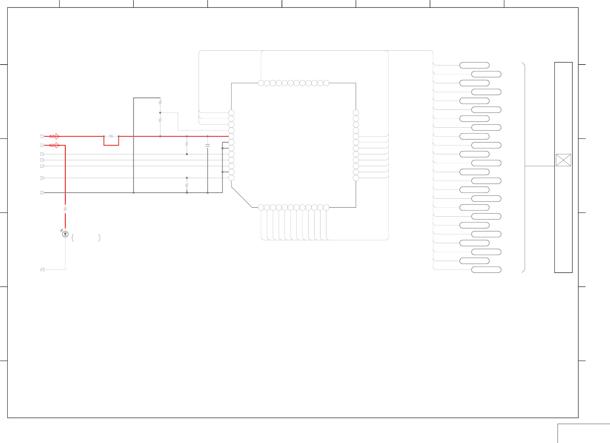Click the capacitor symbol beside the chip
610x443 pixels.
[208, 145]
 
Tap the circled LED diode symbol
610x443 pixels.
[65, 234]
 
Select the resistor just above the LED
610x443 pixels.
[65, 209]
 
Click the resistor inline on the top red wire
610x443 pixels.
[111, 136]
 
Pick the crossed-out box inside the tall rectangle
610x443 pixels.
[563, 160]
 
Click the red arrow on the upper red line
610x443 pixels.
[54, 136]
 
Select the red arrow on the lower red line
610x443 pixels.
[54, 145]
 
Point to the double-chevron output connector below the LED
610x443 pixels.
[42, 270]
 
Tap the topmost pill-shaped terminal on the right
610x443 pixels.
[474, 65]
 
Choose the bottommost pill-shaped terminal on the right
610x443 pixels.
[486, 270]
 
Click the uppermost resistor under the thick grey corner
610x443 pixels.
[160, 102]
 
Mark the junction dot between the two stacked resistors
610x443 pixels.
[160, 113]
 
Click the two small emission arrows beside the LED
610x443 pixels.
[61, 230]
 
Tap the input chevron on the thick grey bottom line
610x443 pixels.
[42, 193]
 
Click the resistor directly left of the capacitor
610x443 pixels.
[187, 144]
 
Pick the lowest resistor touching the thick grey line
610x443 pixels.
[187, 185]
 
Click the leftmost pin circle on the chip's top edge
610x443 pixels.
[261, 83]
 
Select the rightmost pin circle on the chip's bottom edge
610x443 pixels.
[326, 207]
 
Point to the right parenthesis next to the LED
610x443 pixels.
[99, 238]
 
